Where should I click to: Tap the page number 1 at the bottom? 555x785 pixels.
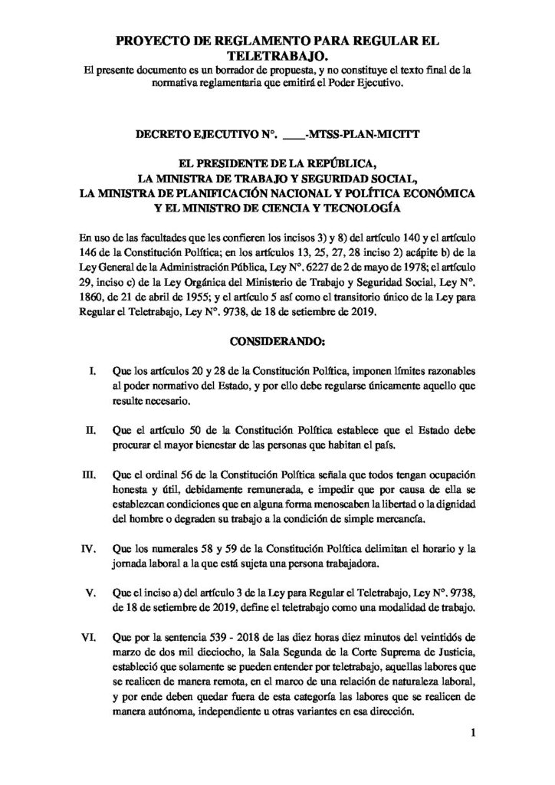click(x=474, y=737)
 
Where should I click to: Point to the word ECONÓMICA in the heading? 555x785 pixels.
click(x=441, y=193)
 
